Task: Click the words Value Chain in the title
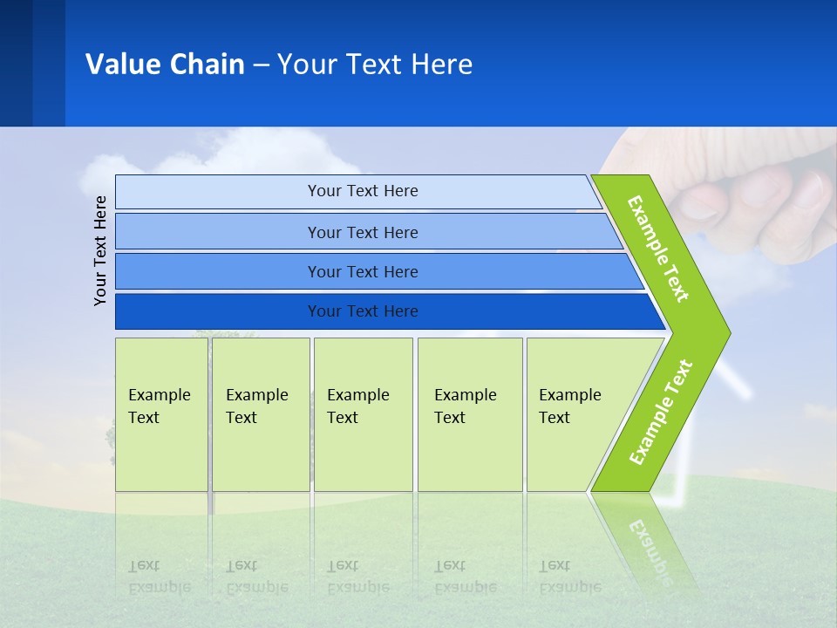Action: [165, 65]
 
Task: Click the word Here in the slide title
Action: [441, 65]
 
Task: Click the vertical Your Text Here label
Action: [100, 250]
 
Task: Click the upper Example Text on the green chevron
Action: [658, 249]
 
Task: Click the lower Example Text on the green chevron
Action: [660, 413]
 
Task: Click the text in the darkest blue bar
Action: [363, 311]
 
